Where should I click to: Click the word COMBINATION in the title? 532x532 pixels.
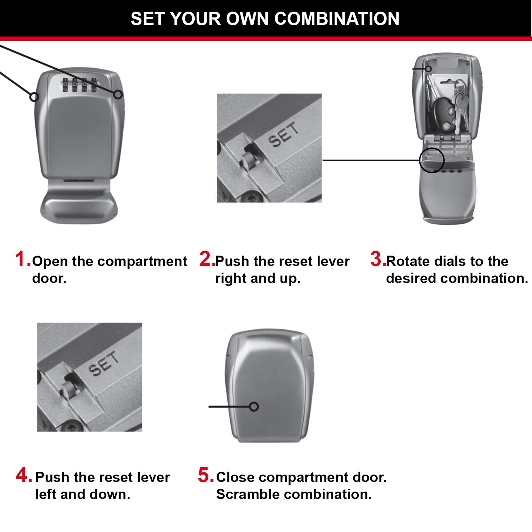[x=337, y=19]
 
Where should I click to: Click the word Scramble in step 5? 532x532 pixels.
[x=248, y=494]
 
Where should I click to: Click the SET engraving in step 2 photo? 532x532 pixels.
[x=284, y=134]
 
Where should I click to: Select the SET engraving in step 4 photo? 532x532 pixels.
[x=103, y=363]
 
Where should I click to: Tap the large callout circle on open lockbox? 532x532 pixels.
[x=432, y=160]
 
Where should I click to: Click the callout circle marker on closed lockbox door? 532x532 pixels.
[x=254, y=407]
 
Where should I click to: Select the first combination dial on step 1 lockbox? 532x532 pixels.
[x=65, y=85]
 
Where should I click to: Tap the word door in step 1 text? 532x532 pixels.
[x=49, y=279]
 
